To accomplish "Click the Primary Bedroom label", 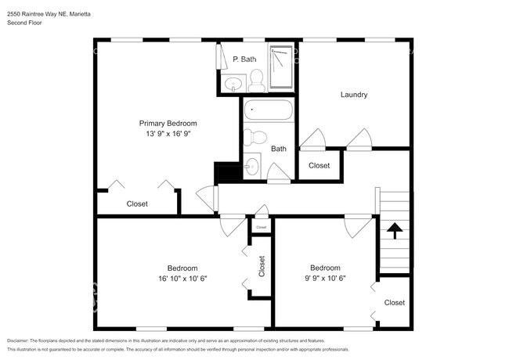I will point(168,123).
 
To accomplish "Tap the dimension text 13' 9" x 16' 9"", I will point(168,134).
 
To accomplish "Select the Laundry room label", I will point(354,95).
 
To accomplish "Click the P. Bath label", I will point(244,59).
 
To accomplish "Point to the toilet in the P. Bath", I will point(255,77).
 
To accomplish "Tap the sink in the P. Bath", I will point(233,84).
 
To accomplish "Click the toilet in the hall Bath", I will point(252,138).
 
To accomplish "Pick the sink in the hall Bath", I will point(251,166).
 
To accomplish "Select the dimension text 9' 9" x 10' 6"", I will point(324,278).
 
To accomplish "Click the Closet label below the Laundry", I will point(319,165).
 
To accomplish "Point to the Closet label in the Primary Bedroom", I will point(137,203).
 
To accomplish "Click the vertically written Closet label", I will point(262,267).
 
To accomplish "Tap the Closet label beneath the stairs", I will point(394,302).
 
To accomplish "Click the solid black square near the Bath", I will point(227,172).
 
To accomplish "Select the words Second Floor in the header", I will point(24,23).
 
